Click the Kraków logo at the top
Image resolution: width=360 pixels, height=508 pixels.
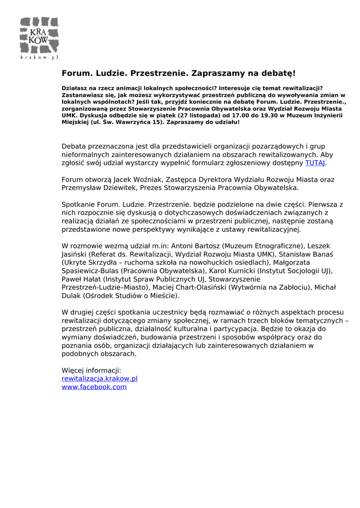pos(39,38)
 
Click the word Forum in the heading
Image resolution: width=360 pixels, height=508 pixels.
pos(75,73)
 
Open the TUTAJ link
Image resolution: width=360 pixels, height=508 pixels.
pos(315,162)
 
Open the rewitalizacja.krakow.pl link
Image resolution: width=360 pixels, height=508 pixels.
pos(99,379)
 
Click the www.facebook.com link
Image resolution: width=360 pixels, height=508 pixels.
pos(94,387)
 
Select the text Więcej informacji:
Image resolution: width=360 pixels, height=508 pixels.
pos(91,370)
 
